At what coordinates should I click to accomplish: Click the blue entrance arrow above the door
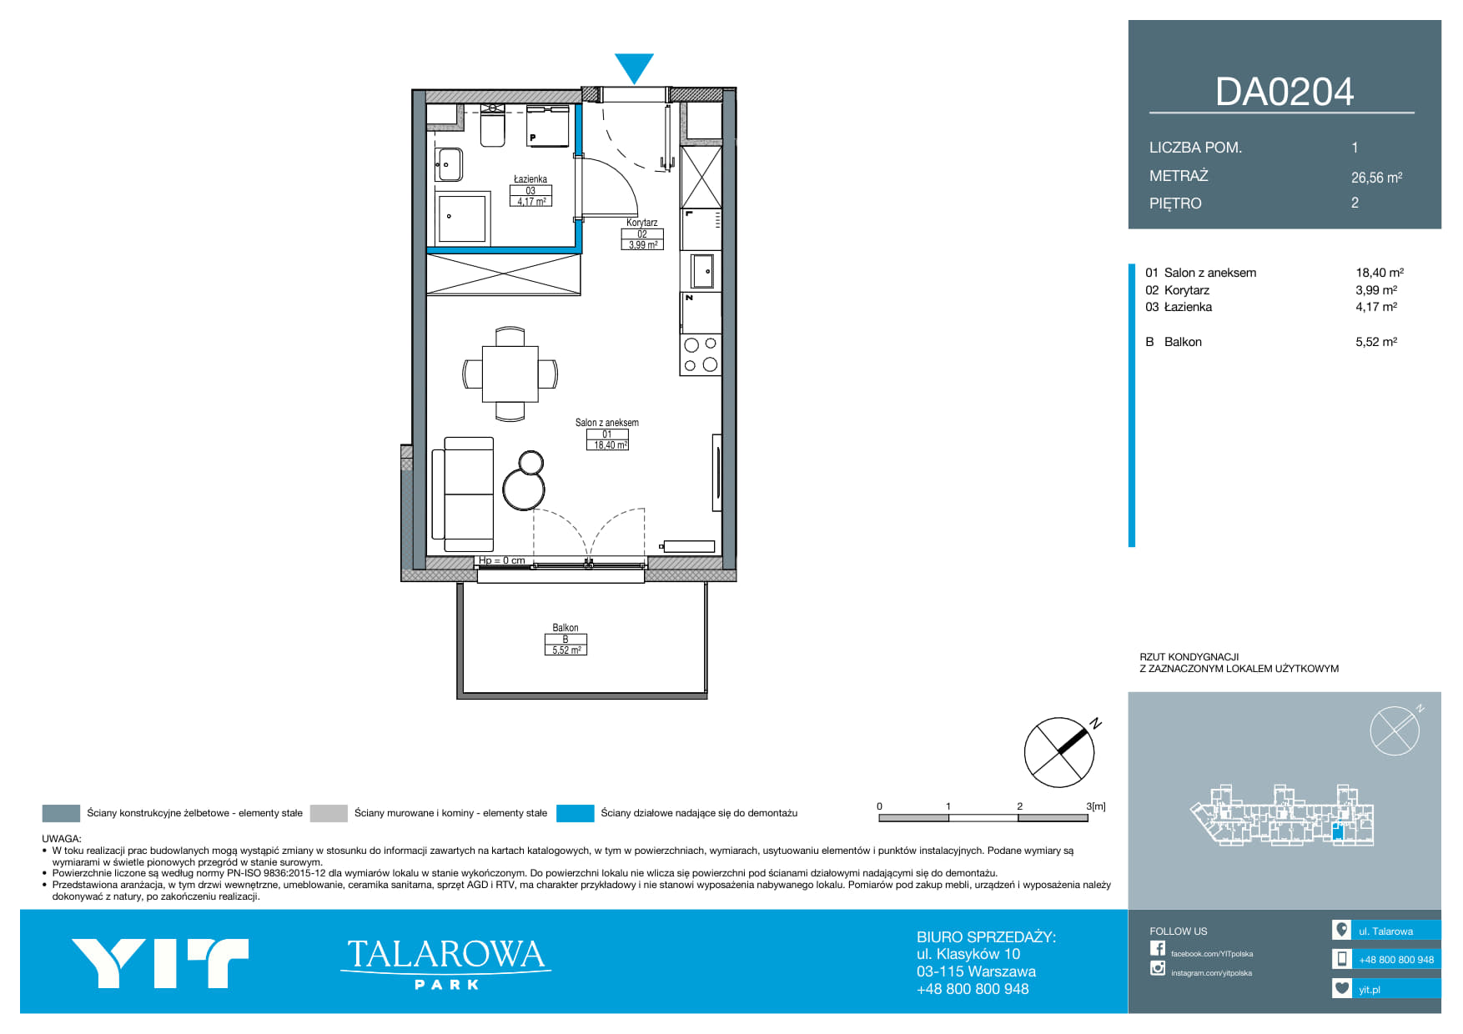634,68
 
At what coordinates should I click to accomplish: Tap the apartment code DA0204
1284,92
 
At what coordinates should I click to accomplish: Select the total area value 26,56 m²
1376,177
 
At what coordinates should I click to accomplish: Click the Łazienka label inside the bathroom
530,178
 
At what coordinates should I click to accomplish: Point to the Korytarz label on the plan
642,223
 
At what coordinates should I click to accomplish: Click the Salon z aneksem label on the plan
606,423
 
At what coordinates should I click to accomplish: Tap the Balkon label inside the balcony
565,628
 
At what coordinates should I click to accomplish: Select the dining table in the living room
510,374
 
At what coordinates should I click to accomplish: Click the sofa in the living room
463,494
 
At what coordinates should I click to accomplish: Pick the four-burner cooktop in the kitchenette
700,354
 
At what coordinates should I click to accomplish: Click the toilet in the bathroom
493,127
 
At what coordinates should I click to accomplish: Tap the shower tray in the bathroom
461,218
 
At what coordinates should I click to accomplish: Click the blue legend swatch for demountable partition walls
575,813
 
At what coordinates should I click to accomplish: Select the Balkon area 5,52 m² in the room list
1375,342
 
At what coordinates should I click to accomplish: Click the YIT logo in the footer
160,963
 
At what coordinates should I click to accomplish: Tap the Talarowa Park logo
446,963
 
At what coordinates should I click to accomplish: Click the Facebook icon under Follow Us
1158,948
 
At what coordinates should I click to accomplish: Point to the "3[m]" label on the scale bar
1096,806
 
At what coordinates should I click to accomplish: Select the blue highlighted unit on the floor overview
1338,831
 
